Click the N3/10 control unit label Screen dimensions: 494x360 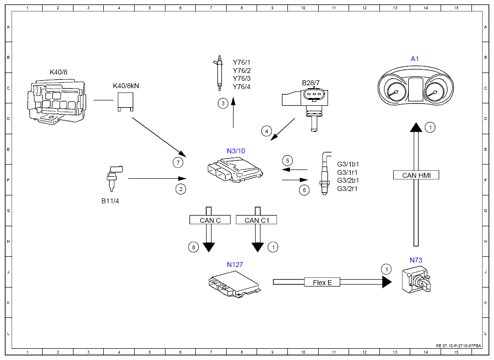click(235, 151)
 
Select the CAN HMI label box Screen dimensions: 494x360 click(416, 175)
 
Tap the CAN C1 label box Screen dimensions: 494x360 click(257, 220)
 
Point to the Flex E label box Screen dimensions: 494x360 click(322, 282)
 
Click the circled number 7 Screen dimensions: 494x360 click(178, 162)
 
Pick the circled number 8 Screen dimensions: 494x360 click(193, 247)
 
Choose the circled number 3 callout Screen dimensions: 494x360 click(223, 103)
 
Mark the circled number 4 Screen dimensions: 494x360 click(266, 131)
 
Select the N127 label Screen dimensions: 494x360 click(235, 265)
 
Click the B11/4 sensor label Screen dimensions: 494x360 click(110, 201)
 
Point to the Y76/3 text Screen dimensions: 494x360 click(242, 78)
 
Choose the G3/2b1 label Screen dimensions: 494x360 click(348, 180)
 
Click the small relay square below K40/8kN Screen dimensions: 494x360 click(125, 101)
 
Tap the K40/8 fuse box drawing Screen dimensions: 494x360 click(56, 101)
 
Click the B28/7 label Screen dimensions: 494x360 click(310, 83)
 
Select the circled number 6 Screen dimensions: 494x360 click(304, 190)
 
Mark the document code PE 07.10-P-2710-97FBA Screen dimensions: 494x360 click(458, 346)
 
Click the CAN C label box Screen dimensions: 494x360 click(210, 220)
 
